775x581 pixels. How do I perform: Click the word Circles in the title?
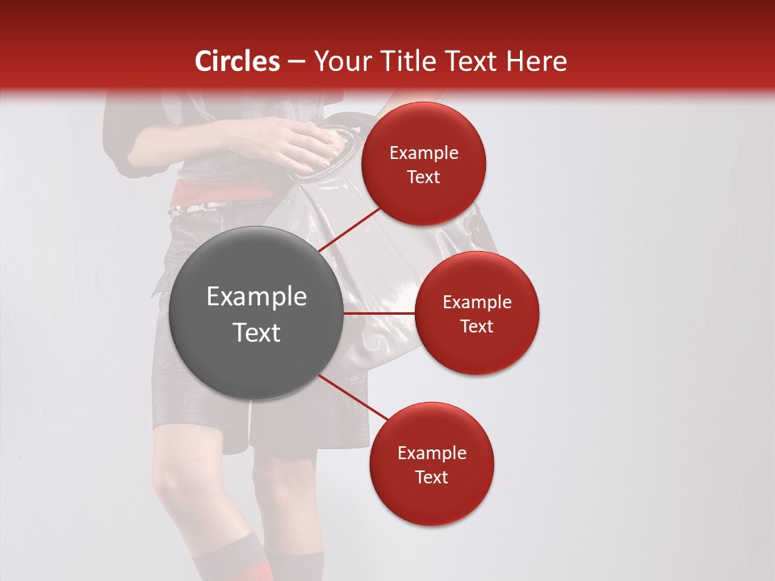(237, 61)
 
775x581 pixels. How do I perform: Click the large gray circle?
(256, 314)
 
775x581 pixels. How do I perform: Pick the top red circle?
(424, 164)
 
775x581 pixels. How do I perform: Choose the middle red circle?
(477, 313)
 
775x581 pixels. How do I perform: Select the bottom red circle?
(431, 464)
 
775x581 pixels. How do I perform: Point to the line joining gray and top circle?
(349, 229)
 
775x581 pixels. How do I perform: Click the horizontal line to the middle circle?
(379, 313)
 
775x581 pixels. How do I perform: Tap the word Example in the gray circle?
(257, 297)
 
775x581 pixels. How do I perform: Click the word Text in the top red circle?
(424, 177)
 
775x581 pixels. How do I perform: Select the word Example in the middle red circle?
(477, 302)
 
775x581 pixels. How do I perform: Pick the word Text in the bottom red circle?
(431, 477)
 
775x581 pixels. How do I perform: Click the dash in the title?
(296, 62)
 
